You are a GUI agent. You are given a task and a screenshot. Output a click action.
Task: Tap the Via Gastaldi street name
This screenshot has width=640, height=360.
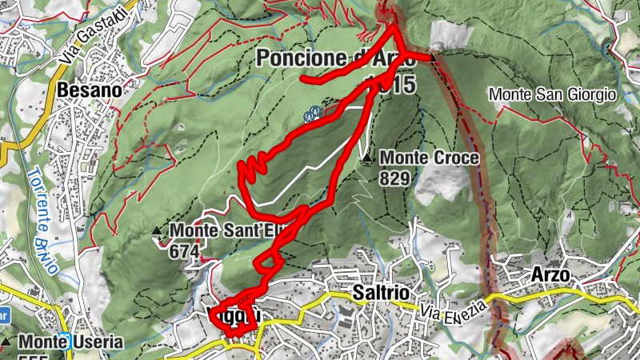coord(94,38)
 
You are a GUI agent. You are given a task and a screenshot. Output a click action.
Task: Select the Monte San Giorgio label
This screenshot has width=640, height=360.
coord(553,94)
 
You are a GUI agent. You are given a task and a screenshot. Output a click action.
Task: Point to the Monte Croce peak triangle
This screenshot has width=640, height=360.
coord(367,159)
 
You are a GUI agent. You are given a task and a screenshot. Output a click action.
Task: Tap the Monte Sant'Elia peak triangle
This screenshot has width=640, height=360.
coord(157,232)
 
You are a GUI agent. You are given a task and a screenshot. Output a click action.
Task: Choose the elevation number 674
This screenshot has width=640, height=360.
coord(184,250)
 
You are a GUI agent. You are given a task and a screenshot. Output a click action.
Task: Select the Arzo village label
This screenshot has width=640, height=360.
coord(550,274)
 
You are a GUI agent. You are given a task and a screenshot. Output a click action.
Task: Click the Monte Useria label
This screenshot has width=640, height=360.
coord(71,343)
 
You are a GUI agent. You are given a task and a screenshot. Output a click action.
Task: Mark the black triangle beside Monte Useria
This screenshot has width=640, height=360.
coord(7,342)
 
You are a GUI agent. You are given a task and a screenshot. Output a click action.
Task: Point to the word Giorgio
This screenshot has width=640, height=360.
coord(591,94)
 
